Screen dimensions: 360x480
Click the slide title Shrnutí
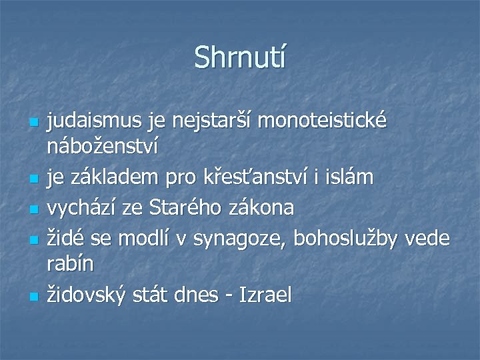(x=239, y=57)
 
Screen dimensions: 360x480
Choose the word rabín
(x=69, y=263)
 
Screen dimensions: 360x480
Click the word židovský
(x=82, y=294)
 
